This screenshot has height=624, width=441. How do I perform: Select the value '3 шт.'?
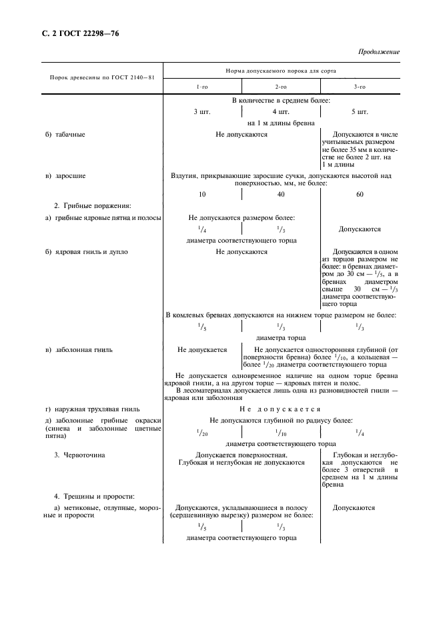click(x=201, y=111)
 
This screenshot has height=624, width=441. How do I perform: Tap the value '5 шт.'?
click(x=360, y=111)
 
